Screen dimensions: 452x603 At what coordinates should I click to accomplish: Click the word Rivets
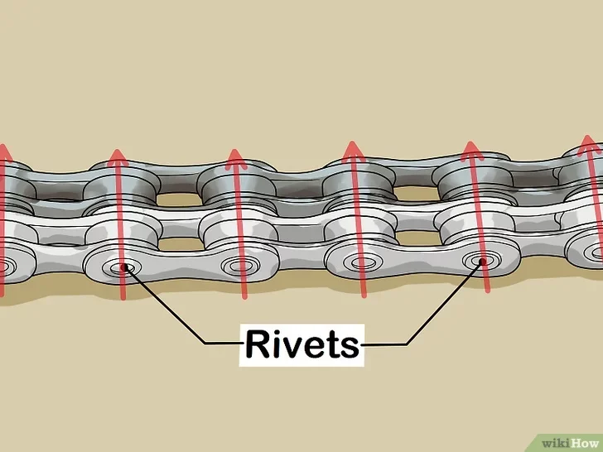[x=301, y=342]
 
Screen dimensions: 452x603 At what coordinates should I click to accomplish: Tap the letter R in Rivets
[x=256, y=342]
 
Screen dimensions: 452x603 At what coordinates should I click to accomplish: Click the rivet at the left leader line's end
[x=124, y=267]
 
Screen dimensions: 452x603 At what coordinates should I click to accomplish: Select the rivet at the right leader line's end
[x=480, y=262]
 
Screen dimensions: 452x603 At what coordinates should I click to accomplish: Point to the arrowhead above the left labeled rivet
[x=118, y=157]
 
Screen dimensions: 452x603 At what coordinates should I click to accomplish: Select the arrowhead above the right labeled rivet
[x=473, y=150]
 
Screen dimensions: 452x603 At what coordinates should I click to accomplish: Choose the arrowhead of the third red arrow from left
[x=237, y=158]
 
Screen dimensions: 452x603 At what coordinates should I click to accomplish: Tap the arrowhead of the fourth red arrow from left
[x=355, y=150]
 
